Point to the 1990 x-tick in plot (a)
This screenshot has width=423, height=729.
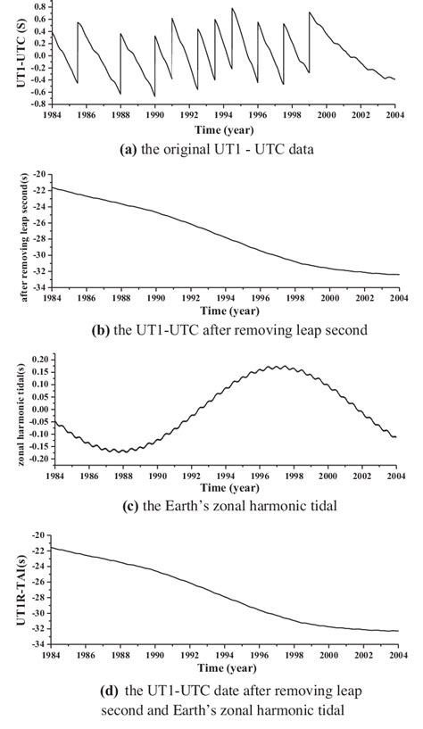(155, 115)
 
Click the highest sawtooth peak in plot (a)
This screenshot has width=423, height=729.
(232, 9)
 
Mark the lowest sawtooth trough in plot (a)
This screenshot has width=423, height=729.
(154, 96)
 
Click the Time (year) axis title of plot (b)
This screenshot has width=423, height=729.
(225, 311)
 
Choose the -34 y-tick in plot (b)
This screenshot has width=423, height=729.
(39, 286)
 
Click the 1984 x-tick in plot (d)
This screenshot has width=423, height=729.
(51, 654)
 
